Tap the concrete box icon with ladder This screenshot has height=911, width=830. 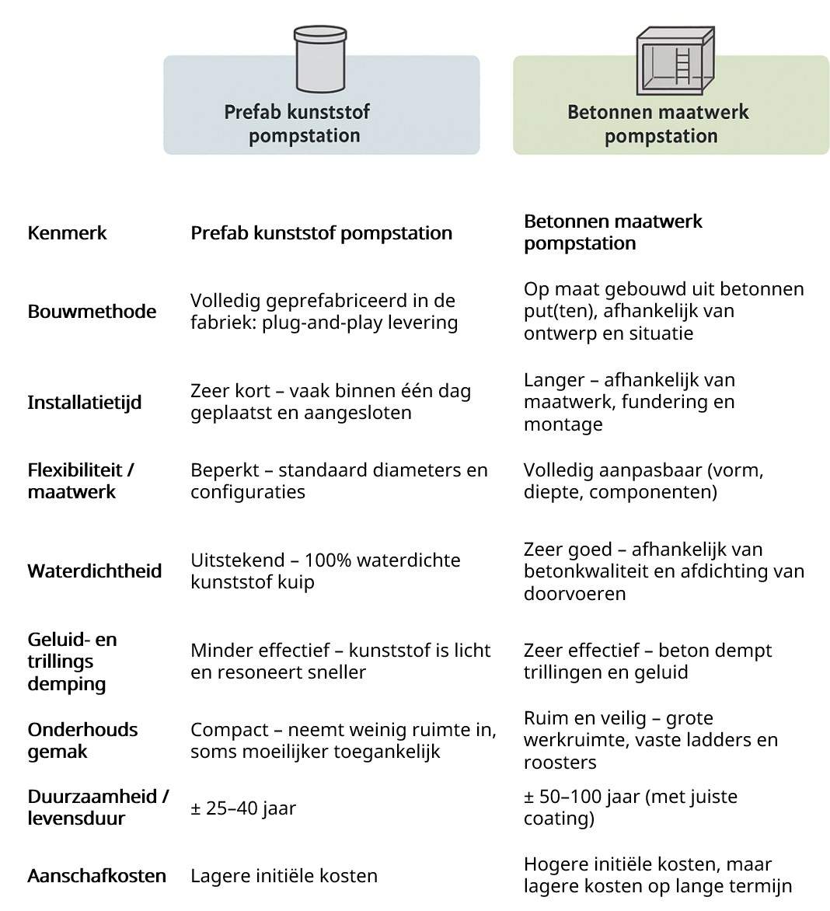click(x=675, y=60)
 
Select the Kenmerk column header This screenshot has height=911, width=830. click(x=67, y=233)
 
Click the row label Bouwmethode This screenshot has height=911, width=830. click(x=92, y=312)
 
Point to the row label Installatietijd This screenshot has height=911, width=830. click(x=84, y=403)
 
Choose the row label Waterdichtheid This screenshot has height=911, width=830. click(x=95, y=571)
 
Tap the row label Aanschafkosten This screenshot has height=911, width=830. click(x=96, y=876)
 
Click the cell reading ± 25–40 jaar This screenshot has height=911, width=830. click(x=243, y=808)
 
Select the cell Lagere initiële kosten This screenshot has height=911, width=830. click(x=284, y=876)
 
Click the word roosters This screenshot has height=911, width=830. click(x=560, y=763)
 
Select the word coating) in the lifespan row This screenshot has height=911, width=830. click(x=559, y=819)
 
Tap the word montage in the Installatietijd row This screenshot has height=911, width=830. click(x=563, y=424)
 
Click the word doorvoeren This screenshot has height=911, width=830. click(x=574, y=594)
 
